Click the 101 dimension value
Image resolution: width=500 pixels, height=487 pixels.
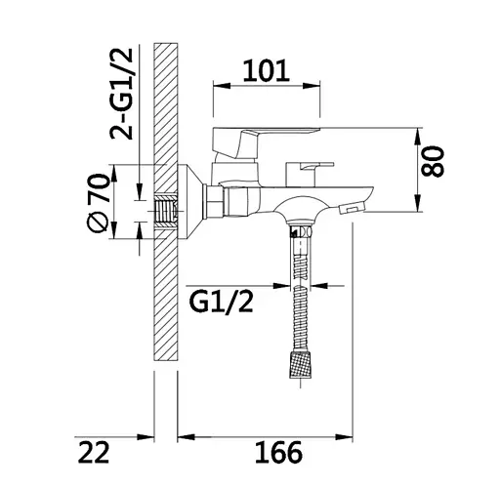[266, 70]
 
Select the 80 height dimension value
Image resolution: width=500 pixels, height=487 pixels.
[433, 161]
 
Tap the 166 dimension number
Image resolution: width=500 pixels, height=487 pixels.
[278, 452]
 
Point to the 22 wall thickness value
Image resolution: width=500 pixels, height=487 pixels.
[94, 452]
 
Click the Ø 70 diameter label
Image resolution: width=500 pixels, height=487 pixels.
[98, 203]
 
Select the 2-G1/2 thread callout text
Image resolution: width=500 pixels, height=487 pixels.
[121, 94]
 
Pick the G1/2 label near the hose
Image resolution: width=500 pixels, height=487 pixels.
[221, 303]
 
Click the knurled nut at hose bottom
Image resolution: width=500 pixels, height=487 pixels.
[300, 364]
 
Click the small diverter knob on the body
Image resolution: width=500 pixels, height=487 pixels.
[310, 174]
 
